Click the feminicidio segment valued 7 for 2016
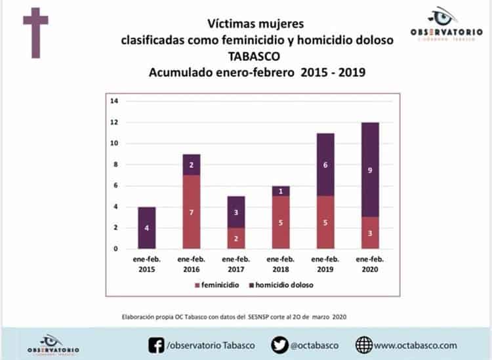tap(192, 212)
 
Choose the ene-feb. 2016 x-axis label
tap(192, 264)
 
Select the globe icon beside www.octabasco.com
tap(364, 344)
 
